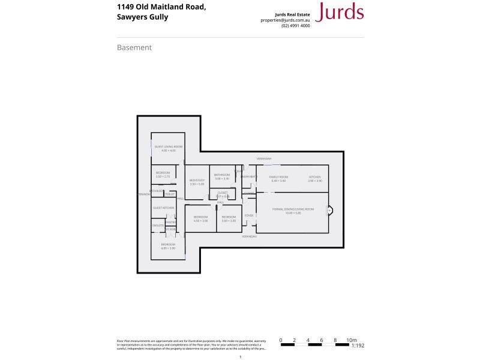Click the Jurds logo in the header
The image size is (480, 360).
(339, 13)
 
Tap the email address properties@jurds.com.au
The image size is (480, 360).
(285, 20)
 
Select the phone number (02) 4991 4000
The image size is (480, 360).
(296, 26)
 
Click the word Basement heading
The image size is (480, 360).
(134, 47)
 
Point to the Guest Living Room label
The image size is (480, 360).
(168, 146)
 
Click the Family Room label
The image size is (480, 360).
(278, 177)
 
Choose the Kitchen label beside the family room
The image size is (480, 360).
(315, 177)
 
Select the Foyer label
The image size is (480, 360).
(248, 214)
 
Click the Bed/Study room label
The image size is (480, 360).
(197, 181)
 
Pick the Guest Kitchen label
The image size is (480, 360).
(163, 208)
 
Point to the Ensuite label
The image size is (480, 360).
(158, 226)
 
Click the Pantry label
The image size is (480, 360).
(170, 222)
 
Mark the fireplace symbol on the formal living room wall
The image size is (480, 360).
(329, 211)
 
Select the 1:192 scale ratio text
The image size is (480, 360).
(358, 346)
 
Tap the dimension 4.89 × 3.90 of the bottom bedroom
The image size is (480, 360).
(167, 248)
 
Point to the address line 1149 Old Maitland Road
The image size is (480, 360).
(162, 7)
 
